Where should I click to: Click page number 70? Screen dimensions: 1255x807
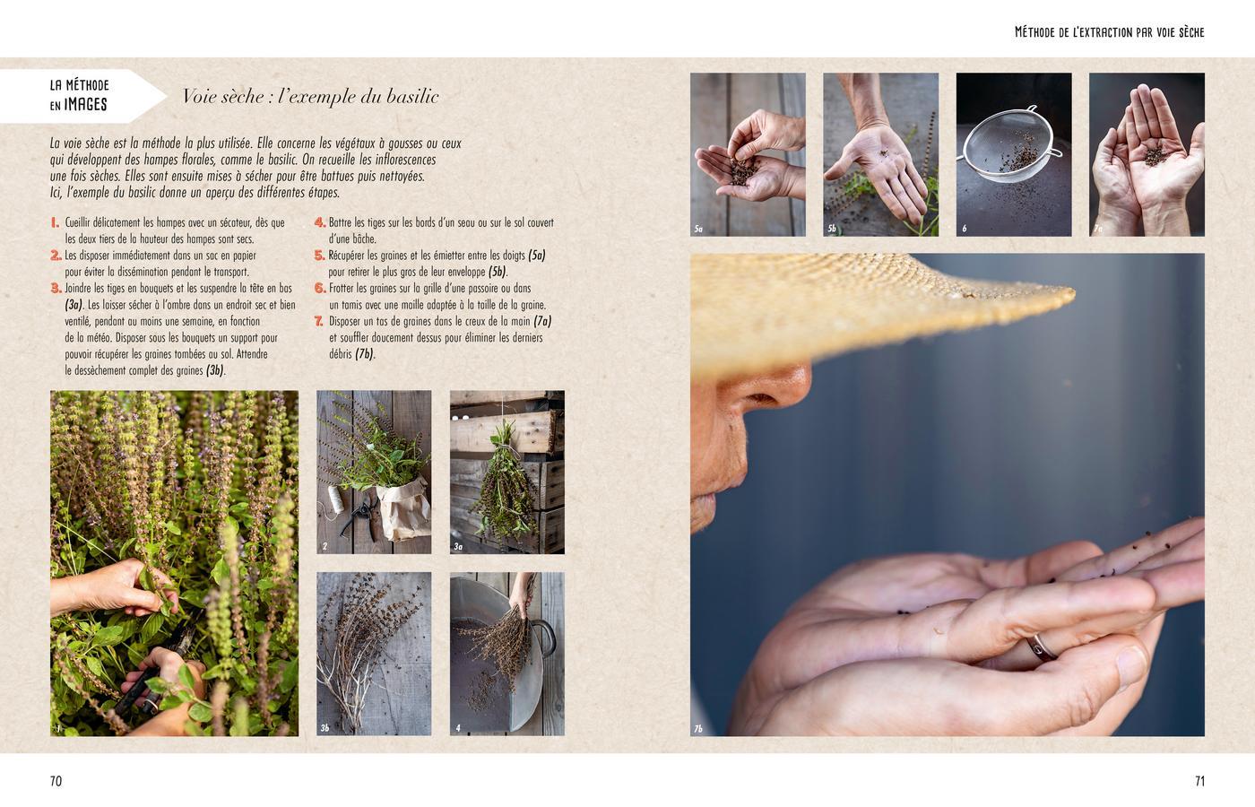(x=56, y=781)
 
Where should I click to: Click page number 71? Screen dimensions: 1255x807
(x=1199, y=781)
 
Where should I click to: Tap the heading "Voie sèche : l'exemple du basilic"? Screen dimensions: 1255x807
(x=310, y=97)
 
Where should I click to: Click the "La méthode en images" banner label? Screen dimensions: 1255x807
(x=79, y=95)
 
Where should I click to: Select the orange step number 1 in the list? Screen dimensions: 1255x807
(x=55, y=222)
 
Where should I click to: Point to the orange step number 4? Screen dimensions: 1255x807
(x=320, y=222)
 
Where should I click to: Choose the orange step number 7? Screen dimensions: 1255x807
(x=319, y=321)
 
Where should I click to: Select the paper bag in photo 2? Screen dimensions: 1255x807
(x=404, y=508)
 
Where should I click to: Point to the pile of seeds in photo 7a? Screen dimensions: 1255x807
(x=1155, y=156)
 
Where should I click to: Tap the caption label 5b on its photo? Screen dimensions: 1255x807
(x=832, y=228)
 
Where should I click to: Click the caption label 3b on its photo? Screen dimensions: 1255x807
(x=325, y=728)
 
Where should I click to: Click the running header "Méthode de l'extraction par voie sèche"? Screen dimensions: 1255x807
(x=1110, y=32)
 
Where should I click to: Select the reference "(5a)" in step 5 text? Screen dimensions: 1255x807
(x=536, y=256)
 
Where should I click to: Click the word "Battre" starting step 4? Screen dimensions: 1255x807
(x=341, y=222)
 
